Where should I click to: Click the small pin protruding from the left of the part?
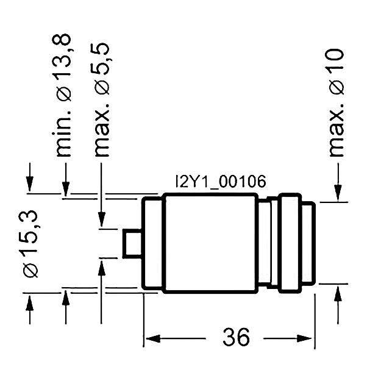coord(132,243)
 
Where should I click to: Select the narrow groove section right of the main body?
coord(266,243)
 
